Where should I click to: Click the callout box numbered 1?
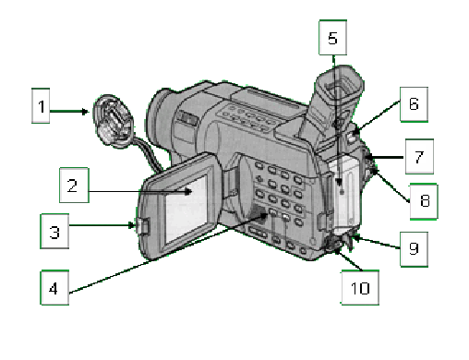(41, 106)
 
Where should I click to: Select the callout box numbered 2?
(74, 186)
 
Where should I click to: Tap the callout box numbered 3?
(54, 231)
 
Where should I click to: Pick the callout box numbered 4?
(54, 287)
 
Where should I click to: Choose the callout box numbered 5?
(333, 38)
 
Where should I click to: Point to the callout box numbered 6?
(414, 104)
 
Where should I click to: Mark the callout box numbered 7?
(419, 157)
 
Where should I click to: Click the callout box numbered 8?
(424, 201)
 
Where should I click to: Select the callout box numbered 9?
(414, 249)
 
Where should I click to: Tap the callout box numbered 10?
(360, 288)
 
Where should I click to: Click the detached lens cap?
(114, 120)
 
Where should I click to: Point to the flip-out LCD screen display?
(186, 210)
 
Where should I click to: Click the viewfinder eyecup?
(339, 90)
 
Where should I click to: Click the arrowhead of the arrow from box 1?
(85, 112)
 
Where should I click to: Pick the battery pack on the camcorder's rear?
(344, 194)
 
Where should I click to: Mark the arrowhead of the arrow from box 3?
(132, 225)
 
